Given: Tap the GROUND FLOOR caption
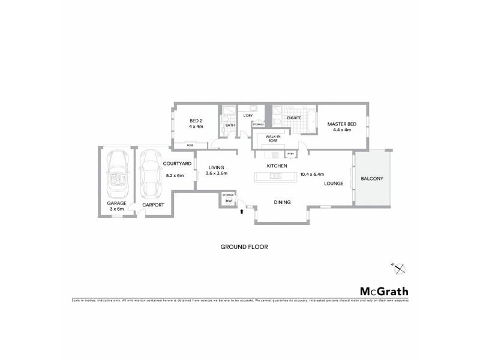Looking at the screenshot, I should coord(244,247).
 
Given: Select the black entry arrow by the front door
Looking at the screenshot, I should coord(241,211).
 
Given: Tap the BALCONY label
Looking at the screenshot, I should coord(372,179).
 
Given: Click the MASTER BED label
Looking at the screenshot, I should coord(341,124).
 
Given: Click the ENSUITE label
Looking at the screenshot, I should coord(293,118).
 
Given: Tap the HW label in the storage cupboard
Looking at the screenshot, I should coord(228,201).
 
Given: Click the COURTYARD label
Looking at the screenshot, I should coord(177,164).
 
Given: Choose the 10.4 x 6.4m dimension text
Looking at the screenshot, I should coord(322,173).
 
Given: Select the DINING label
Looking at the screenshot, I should coord(282,202).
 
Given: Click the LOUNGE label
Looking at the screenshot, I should coord(333,184).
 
